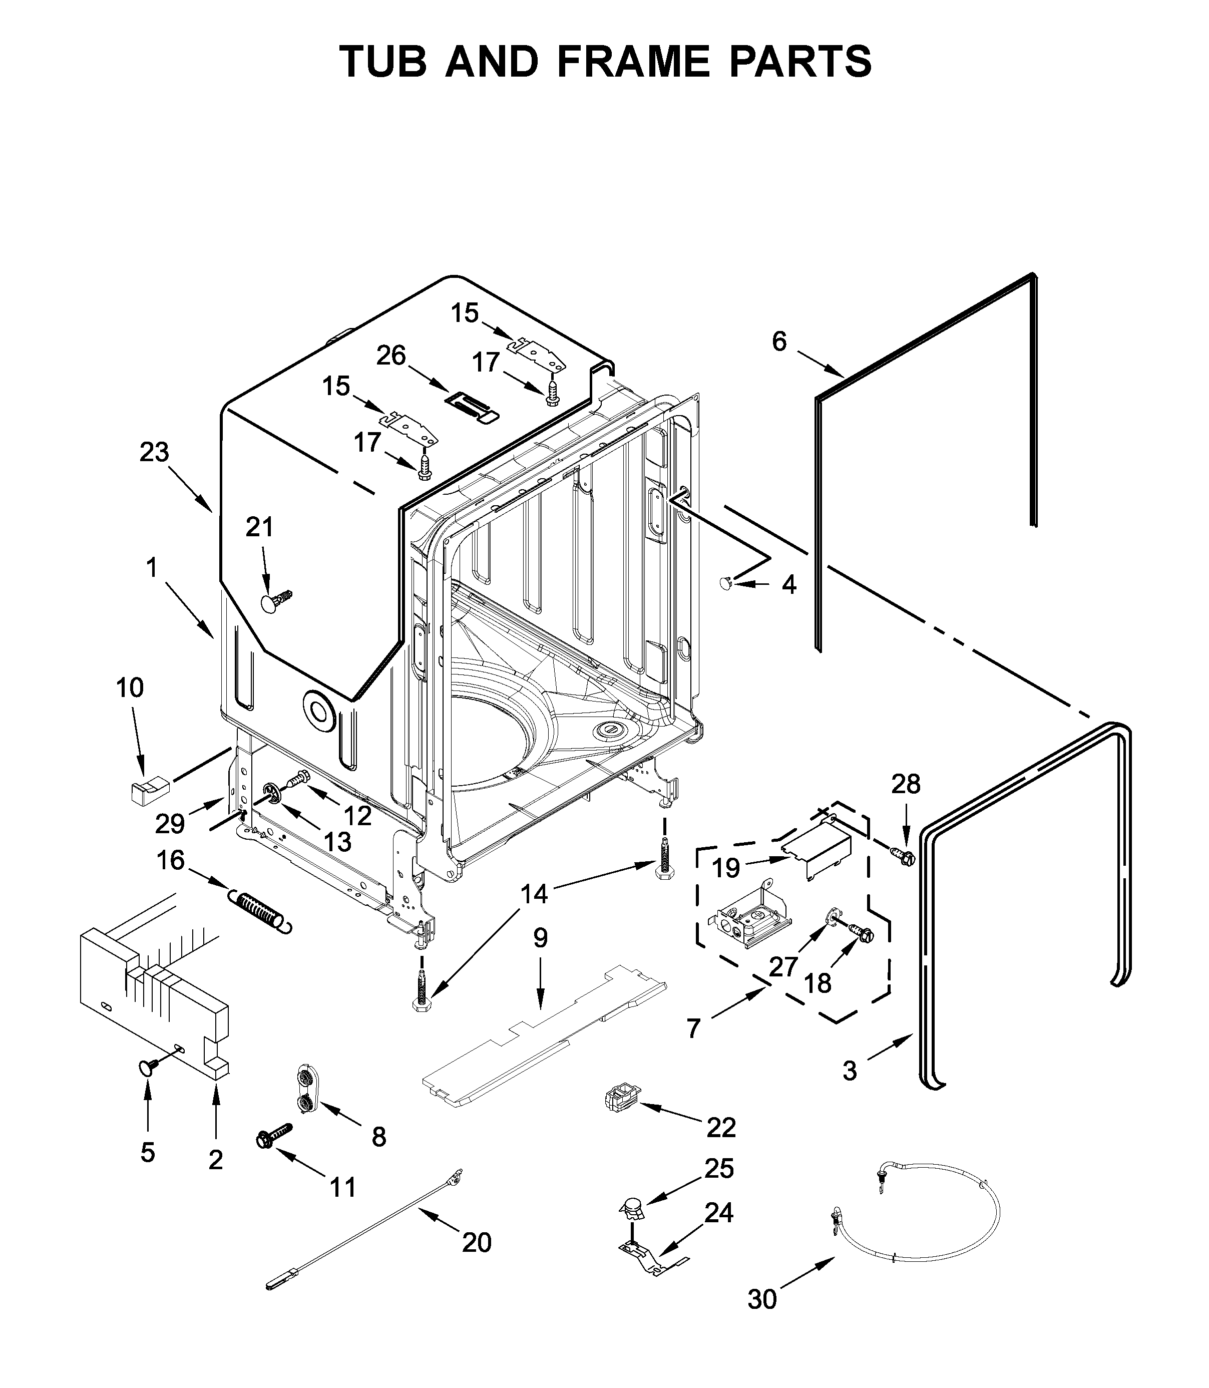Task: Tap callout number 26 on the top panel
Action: [390, 355]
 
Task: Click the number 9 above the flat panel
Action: [540, 938]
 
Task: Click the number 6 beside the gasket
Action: [779, 341]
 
